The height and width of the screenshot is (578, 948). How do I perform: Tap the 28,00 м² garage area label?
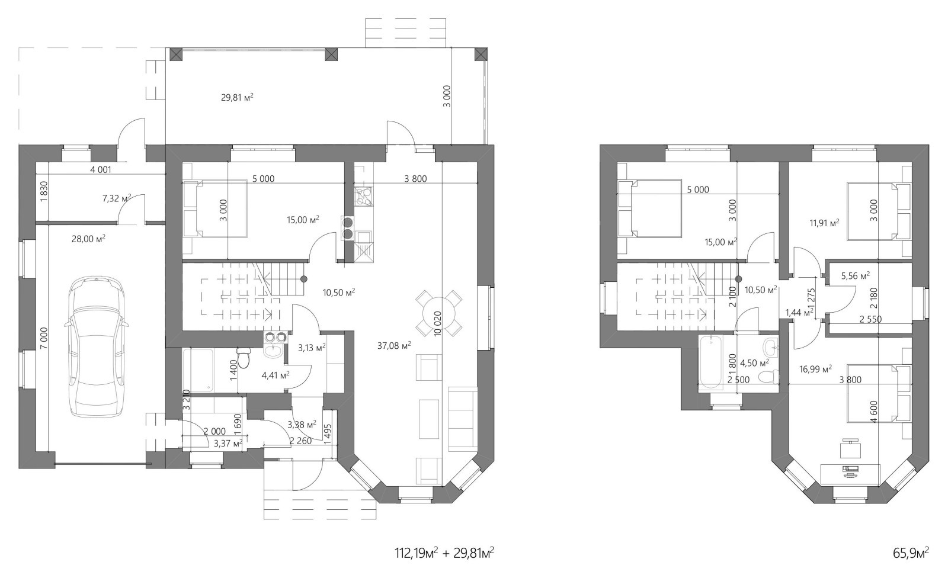click(x=88, y=239)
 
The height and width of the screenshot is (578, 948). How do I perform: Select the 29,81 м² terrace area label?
click(x=237, y=97)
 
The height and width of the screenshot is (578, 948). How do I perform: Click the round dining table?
click(x=438, y=313)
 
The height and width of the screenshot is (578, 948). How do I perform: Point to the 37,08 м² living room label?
click(x=394, y=346)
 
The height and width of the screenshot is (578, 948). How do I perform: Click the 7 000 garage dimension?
click(x=44, y=338)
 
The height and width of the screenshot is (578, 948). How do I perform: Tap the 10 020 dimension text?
click(x=438, y=324)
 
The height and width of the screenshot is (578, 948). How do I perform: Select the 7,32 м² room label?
click(x=117, y=198)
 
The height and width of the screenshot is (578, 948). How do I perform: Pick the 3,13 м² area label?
click(x=312, y=348)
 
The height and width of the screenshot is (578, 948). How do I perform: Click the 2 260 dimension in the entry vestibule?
click(x=301, y=441)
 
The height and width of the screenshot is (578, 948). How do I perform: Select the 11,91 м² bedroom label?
click(x=824, y=223)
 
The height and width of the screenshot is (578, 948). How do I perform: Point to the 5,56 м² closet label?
click(x=856, y=276)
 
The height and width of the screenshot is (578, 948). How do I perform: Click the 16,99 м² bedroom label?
click(x=815, y=369)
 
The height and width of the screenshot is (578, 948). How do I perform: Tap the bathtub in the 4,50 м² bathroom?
click(x=710, y=362)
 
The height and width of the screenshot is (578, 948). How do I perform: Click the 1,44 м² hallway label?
click(x=799, y=313)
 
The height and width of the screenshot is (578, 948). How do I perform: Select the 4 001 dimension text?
click(x=101, y=170)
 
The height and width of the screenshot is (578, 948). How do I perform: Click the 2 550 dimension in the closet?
click(x=870, y=319)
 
